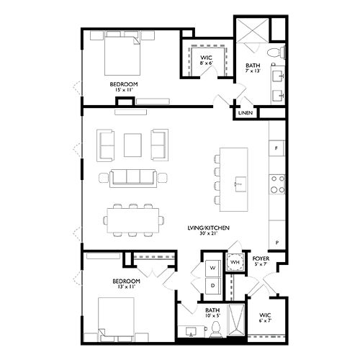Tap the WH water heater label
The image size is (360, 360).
click(235, 264)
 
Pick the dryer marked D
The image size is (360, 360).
click(212, 286)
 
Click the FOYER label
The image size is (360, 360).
click(261, 258)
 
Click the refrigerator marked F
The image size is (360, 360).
click(277, 148)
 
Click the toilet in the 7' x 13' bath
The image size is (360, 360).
click(275, 53)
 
